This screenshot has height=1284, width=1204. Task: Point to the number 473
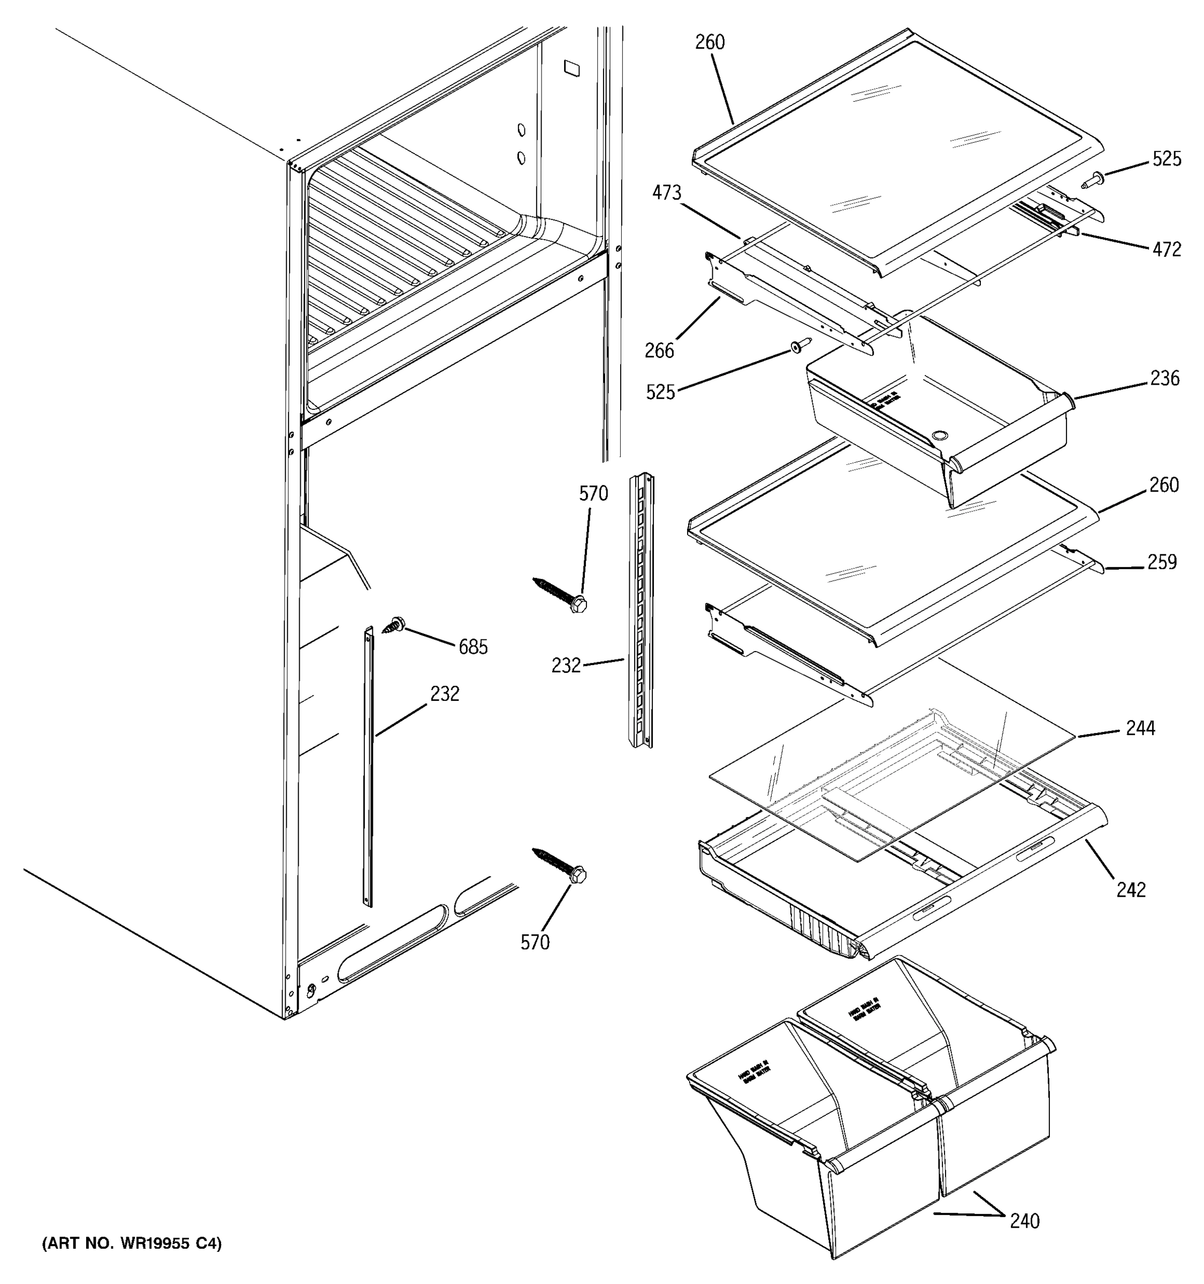(666, 193)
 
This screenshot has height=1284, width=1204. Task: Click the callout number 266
(659, 351)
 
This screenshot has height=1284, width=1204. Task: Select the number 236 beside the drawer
(1164, 378)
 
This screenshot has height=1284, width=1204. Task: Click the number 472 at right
(1167, 249)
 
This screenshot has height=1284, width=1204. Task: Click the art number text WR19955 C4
(132, 1244)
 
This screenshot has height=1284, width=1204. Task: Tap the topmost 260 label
(710, 43)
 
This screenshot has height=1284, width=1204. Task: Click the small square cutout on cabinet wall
(571, 67)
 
